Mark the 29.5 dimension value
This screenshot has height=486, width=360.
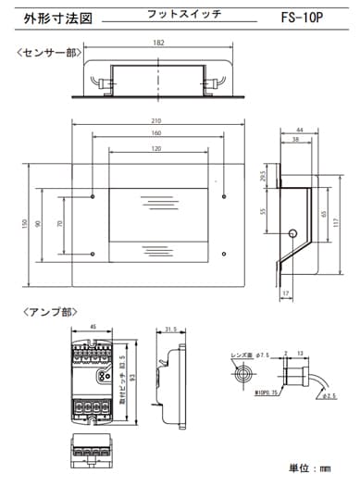[x=265, y=176]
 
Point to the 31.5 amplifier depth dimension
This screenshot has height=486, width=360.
[x=170, y=329]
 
